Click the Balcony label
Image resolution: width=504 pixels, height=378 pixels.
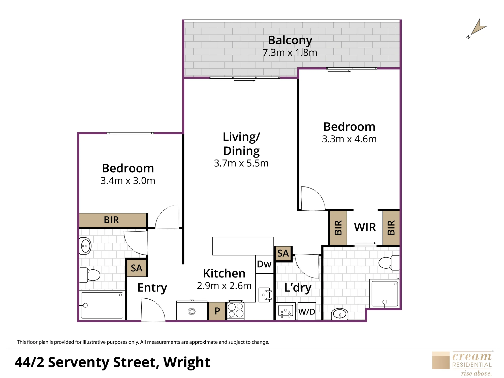[290, 40]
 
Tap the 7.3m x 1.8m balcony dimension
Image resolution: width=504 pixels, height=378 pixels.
[290, 52]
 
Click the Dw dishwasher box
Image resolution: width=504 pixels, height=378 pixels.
[265, 264]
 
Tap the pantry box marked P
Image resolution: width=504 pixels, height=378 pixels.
[217, 311]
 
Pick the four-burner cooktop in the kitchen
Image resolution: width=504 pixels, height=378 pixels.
[236, 310]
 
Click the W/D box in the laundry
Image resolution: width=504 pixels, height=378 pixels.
[307, 311]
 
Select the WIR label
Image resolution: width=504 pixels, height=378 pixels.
[365, 227]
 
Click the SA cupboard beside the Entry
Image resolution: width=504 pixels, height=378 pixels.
[137, 268]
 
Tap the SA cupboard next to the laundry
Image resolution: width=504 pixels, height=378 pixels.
[283, 253]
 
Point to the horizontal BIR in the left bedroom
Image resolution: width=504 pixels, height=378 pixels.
[113, 220]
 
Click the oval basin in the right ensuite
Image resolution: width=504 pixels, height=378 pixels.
[340, 314]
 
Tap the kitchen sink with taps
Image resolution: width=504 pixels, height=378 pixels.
[265, 295]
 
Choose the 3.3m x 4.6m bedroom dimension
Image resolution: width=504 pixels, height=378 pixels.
[349, 139]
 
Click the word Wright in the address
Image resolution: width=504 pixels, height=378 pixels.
[186, 363]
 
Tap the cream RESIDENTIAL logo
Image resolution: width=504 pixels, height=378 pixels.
[462, 363]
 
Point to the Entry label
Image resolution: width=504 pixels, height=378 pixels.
[152, 288]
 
